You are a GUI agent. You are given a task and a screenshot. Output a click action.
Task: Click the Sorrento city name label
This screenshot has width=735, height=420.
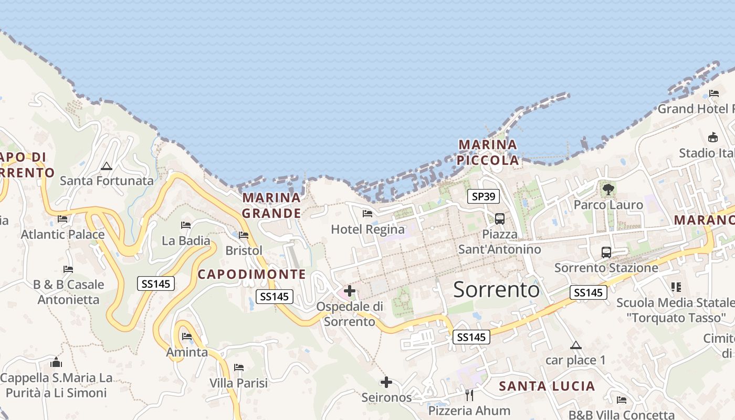pos(496,289)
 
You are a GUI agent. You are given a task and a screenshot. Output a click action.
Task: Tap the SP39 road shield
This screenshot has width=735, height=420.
pos(483,197)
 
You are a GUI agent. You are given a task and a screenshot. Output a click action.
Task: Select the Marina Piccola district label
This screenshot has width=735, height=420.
pos(488,152)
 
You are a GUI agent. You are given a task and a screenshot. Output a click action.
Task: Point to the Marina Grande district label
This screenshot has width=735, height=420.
pos(271,205)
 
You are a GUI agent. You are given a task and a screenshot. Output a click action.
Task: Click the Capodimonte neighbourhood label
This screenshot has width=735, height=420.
pos(251,274)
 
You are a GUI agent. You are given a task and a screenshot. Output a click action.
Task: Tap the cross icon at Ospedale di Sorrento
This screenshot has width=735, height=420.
pos(350,290)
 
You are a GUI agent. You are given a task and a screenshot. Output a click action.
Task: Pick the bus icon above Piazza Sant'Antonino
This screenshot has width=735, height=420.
pos(500,218)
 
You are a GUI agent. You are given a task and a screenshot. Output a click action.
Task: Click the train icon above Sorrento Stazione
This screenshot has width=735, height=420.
pos(606,252)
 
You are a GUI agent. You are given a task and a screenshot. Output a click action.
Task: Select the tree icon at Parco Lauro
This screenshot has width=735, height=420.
pos(608,189)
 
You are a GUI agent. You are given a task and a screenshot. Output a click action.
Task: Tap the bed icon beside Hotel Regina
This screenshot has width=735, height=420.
pos(367,214)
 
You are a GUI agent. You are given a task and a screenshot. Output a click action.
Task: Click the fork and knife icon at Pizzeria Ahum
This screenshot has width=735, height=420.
pos(469,395)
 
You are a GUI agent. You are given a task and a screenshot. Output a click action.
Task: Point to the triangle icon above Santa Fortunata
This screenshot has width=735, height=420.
pos(107,166)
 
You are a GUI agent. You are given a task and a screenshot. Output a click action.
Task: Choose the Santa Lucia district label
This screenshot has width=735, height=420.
pos(547,386)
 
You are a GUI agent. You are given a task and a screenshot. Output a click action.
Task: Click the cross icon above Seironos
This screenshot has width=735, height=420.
pos(386,382)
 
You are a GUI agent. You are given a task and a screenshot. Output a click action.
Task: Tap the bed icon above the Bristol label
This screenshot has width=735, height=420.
pos(244,235)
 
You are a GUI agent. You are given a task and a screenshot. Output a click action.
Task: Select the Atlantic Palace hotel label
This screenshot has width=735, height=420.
pos(62,234)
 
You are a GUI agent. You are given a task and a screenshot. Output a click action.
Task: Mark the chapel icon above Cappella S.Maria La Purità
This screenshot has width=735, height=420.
pos(56,362)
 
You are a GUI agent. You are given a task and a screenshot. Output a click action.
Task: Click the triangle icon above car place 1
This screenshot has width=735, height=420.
pos(576,345)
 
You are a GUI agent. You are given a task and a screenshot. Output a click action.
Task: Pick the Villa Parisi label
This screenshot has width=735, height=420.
pos(238,383)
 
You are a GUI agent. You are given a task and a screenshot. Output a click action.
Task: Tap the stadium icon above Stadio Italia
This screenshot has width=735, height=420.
pos(712,138)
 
